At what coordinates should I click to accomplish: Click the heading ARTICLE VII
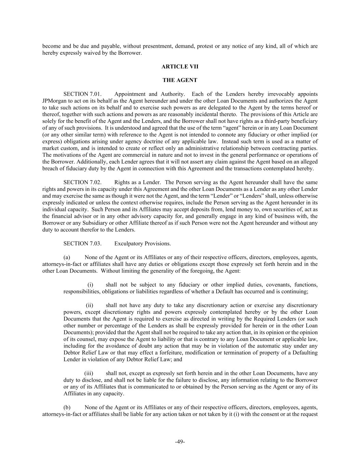180,67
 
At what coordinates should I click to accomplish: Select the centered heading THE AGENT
180,80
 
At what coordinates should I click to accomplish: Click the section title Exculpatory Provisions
143,243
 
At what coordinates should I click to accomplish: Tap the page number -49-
180,442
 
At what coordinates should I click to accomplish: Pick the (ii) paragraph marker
89,305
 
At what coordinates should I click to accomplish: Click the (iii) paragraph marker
89,373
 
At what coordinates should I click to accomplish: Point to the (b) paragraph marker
67,407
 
